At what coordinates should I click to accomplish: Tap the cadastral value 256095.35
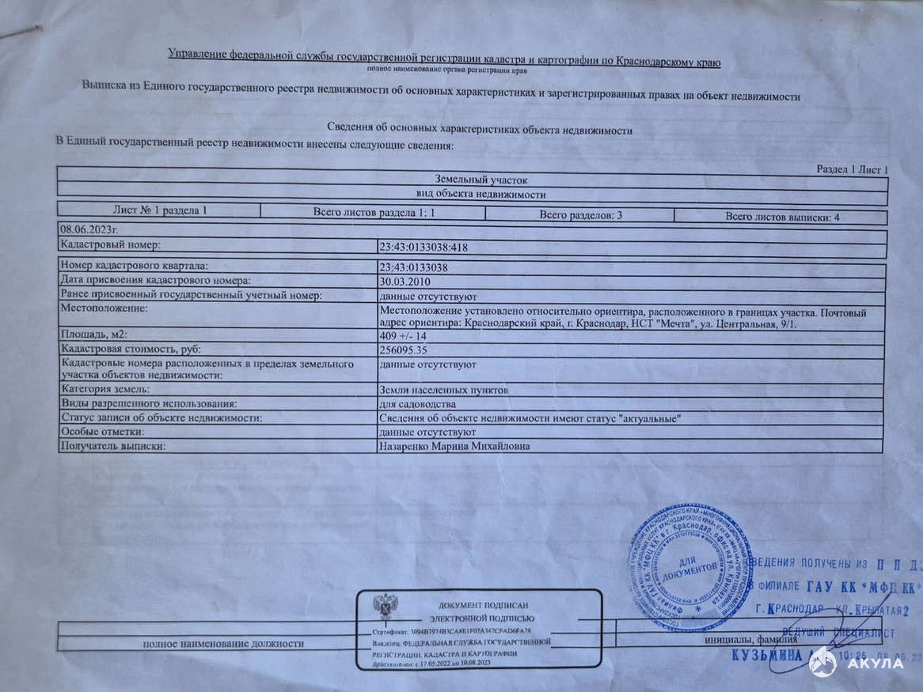404,349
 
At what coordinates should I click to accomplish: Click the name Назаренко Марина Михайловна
455,447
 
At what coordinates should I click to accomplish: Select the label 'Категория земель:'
105,389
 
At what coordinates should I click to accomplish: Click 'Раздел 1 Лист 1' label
852,170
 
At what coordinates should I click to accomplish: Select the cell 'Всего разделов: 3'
580,215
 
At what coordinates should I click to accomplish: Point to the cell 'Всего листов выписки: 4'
783,217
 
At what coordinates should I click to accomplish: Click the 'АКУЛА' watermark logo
858,663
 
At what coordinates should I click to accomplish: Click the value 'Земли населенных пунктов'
444,390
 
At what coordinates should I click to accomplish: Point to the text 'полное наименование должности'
223,643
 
